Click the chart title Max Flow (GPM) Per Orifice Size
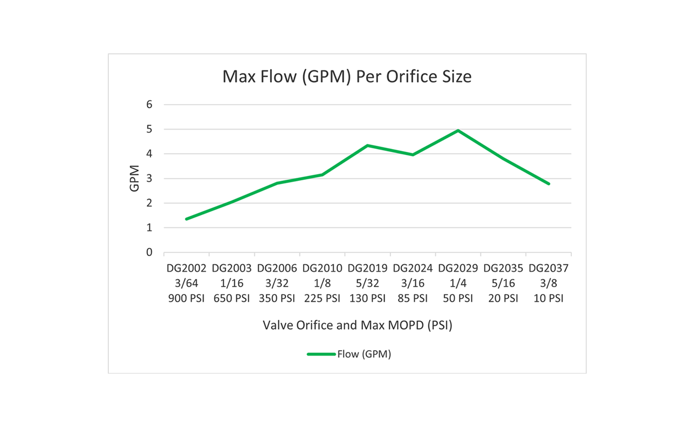coord(346,77)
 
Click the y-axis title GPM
coord(135,178)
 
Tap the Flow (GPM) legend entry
coord(349,354)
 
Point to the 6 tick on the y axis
coord(149,105)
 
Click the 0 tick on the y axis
coord(149,252)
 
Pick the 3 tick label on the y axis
coord(149,179)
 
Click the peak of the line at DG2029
coord(458,130)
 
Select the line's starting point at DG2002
coord(186,219)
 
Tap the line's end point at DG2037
coord(549,184)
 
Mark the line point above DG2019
coord(367,145)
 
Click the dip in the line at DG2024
coord(413,155)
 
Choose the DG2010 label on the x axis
coord(322,268)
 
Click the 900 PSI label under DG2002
coord(186,298)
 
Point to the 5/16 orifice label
coord(503,283)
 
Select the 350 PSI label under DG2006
coord(277,298)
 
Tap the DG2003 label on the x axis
coord(231,268)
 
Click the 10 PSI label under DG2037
coord(548,298)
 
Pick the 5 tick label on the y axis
coord(149,129)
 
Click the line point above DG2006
coord(277,183)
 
